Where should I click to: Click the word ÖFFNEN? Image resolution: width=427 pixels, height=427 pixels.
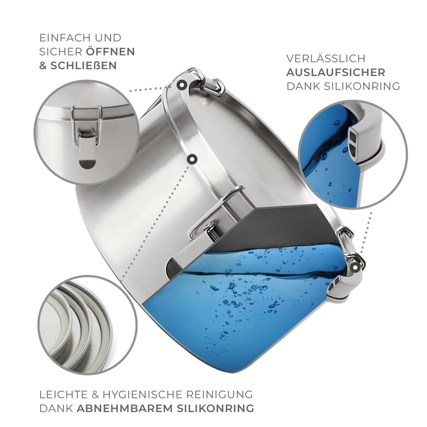(110, 52)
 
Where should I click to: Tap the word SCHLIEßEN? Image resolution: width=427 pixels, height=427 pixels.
(84, 66)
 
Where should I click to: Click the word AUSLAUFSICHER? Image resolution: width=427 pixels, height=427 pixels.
(336, 73)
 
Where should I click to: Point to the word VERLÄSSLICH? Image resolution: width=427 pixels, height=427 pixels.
(326, 59)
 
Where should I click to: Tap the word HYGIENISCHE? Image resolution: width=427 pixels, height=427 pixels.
(142, 394)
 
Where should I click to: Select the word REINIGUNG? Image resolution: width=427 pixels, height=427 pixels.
(220, 394)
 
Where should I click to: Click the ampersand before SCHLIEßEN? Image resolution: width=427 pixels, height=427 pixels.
(43, 66)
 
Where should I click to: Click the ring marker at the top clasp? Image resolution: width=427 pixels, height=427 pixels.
(181, 85)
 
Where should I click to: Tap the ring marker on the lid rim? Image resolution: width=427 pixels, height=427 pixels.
(192, 159)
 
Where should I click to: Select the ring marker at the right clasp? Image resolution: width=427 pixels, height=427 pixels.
(355, 267)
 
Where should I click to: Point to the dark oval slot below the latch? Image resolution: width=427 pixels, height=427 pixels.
(87, 164)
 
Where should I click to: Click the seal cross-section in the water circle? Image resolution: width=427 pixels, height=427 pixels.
(353, 143)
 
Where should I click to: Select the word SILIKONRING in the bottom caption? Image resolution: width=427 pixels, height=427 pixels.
(215, 408)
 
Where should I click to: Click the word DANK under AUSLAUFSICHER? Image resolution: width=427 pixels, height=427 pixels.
(303, 86)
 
